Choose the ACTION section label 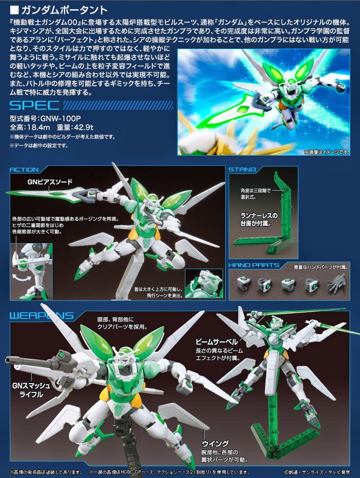coord(24,170)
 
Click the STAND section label coord(242,170)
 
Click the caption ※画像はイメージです coord(326,152)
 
